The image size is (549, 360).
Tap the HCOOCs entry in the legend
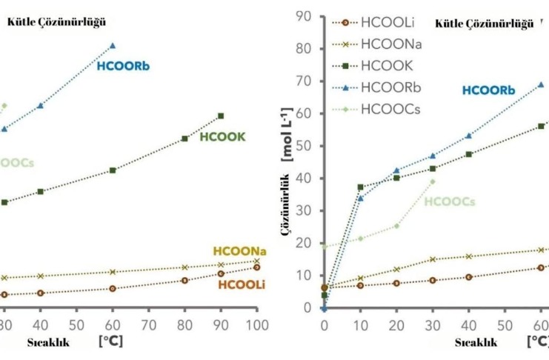click(x=390, y=109)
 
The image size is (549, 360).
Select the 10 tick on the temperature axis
click(x=360, y=325)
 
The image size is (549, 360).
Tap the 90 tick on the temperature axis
click(x=221, y=325)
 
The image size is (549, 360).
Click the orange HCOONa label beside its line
click(x=239, y=251)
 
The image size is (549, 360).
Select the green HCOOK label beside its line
click(x=222, y=137)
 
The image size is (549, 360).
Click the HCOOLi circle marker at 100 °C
click(x=256, y=267)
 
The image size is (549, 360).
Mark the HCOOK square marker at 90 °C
click(x=221, y=116)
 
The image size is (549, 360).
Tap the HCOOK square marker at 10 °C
click(x=361, y=187)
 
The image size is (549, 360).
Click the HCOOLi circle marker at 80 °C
click(x=184, y=280)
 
